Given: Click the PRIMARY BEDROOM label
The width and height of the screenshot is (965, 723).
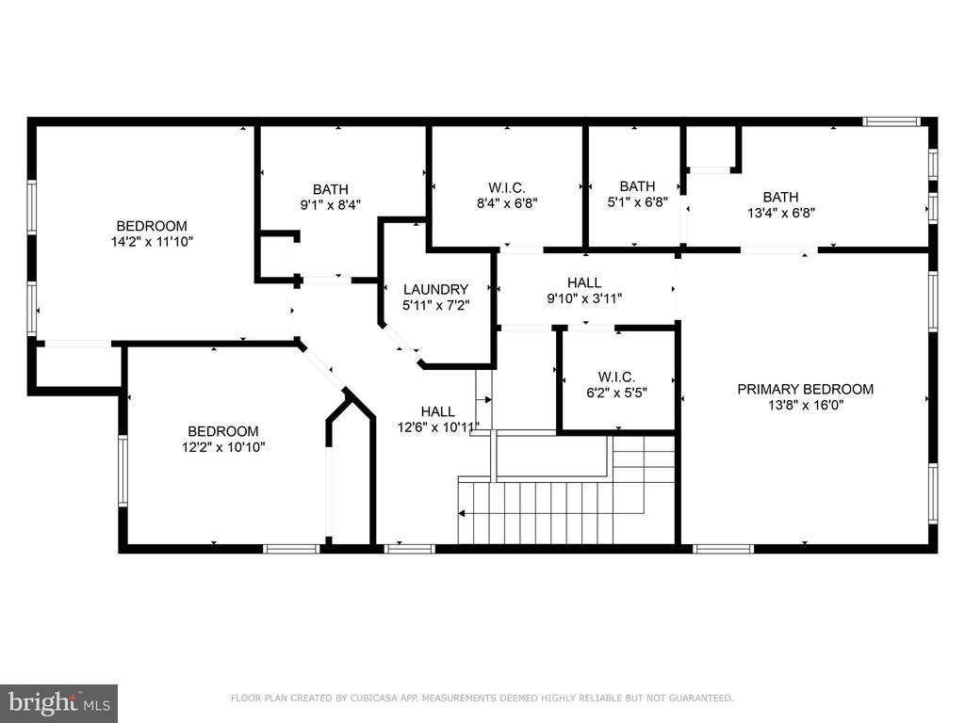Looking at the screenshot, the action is [805, 389].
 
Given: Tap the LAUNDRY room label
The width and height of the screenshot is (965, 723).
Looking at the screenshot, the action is [435, 289].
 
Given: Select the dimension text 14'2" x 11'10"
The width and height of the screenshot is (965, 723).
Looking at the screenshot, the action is [152, 242].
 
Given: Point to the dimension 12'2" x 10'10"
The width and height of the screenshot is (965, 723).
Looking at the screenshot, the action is [223, 447].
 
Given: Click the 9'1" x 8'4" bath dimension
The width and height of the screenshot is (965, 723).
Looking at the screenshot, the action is [331, 204].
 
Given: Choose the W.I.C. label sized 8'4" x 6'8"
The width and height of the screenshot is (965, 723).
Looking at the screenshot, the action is [507, 187].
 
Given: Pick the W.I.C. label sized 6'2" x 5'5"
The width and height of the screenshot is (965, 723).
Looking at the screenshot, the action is [616, 377].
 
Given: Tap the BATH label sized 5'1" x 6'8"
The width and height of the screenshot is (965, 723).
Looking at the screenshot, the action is [638, 185].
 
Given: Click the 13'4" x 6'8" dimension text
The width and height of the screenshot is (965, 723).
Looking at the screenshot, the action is [781, 213].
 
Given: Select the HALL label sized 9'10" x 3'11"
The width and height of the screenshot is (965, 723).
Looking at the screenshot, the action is [584, 282].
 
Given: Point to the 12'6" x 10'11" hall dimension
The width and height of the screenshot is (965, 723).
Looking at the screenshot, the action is [437, 427].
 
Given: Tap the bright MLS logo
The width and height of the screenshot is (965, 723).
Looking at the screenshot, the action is [59, 702].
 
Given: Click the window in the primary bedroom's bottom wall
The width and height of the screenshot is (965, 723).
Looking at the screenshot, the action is [723, 549].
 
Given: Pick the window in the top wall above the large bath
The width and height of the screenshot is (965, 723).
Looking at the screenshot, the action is [891, 121].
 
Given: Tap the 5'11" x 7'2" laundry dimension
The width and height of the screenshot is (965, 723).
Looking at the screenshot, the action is [435, 305].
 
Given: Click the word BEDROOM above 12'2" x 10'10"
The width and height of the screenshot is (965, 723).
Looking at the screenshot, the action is [223, 431].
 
